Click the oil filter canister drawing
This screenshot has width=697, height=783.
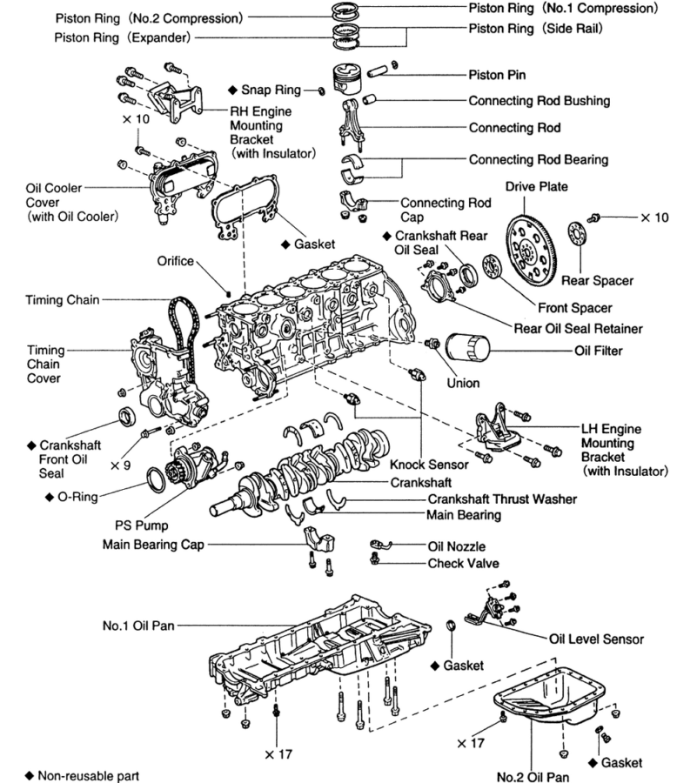point(468,351)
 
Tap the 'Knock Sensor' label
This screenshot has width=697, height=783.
point(429,465)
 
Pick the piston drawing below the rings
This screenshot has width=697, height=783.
point(352,80)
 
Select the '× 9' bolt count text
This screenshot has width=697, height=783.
point(120,465)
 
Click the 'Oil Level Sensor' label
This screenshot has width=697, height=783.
point(596,639)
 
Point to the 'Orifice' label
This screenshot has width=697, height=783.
point(176,261)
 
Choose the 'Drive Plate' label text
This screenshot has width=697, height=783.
point(537,187)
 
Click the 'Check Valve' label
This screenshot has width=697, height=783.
point(463,564)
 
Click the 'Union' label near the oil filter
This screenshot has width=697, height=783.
point(463,381)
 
